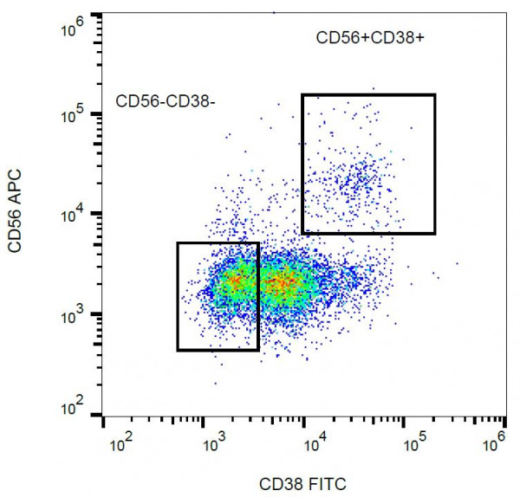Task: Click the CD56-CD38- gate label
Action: click(x=165, y=103)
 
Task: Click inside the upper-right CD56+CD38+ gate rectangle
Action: click(x=368, y=165)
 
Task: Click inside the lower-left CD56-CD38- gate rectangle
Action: click(x=218, y=296)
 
